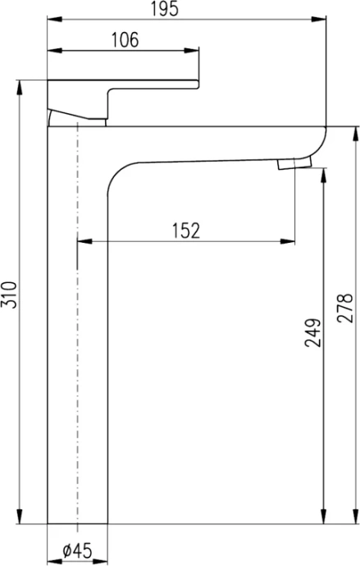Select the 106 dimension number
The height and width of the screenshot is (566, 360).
click(123, 39)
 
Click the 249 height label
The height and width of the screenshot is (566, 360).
click(312, 331)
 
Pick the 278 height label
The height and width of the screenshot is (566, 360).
click(345, 308)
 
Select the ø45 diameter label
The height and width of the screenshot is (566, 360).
click(77, 552)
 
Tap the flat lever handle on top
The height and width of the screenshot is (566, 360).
click(123, 84)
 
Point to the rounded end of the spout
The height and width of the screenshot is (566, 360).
click(321, 144)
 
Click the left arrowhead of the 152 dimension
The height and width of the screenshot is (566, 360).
click(82, 241)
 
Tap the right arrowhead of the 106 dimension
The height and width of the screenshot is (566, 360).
click(194, 52)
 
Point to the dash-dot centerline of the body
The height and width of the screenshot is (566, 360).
click(76, 328)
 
